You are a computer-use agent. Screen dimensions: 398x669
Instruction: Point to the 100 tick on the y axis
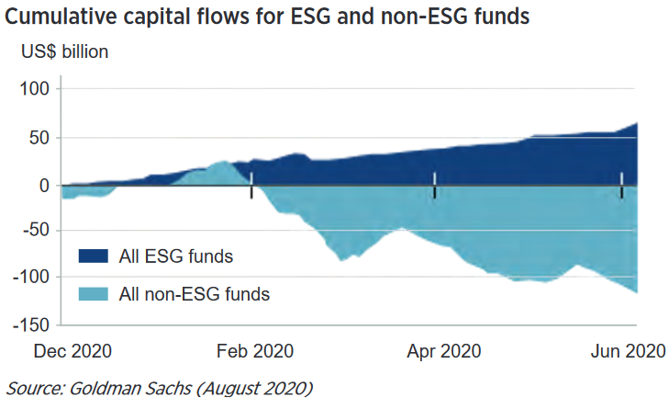point(36,89)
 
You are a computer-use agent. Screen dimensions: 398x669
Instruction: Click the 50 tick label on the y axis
point(39,138)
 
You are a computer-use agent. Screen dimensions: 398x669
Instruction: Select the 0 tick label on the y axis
point(45,185)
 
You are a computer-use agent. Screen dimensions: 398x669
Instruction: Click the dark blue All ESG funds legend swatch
point(95,256)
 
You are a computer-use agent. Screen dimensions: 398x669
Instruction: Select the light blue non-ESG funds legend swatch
point(95,294)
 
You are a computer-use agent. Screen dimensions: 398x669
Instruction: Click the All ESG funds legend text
point(176,256)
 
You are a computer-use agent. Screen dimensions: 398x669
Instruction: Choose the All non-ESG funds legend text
point(195,294)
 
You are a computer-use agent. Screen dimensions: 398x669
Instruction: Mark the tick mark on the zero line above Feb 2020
point(251,188)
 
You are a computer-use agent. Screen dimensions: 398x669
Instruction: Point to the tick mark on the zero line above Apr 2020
point(434,184)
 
